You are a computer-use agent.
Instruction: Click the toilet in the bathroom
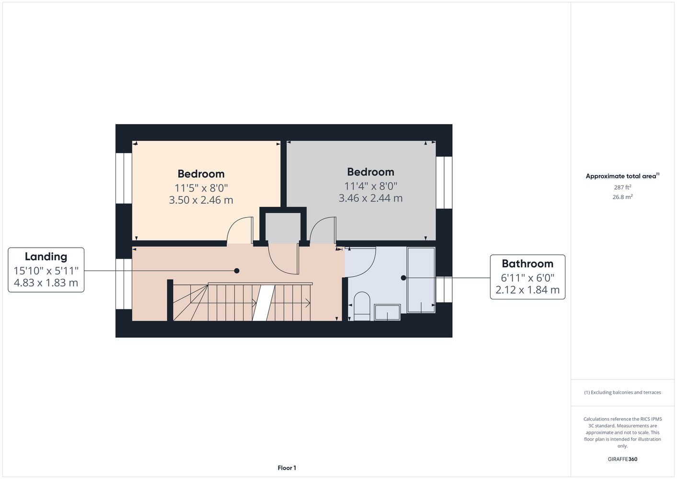click(362, 306)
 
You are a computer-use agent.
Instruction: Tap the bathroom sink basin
click(388, 312)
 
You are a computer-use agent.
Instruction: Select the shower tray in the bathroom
click(421, 280)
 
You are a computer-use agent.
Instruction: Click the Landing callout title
click(46, 257)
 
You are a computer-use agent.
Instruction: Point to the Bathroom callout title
click(528, 263)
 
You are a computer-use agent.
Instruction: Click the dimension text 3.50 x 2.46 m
click(201, 200)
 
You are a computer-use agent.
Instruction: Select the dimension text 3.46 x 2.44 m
click(370, 198)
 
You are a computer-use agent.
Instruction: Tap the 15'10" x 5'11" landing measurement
click(46, 271)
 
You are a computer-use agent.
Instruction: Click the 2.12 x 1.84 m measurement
click(528, 290)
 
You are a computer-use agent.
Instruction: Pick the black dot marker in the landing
click(237, 271)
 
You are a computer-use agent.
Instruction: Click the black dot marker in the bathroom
click(403, 278)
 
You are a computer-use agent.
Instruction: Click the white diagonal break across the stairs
click(264, 303)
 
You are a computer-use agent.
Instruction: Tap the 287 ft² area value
click(622, 187)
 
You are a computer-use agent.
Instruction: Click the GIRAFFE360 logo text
click(622, 459)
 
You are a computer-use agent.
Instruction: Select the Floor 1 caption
click(287, 468)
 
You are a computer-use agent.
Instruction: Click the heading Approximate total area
click(621, 176)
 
